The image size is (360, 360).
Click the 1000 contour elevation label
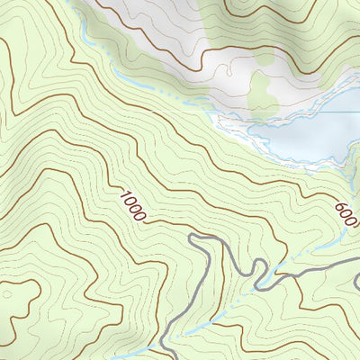pos(131,206)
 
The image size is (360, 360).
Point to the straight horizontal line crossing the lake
pos(297,113)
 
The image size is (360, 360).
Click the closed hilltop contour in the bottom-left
pos(18,301)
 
